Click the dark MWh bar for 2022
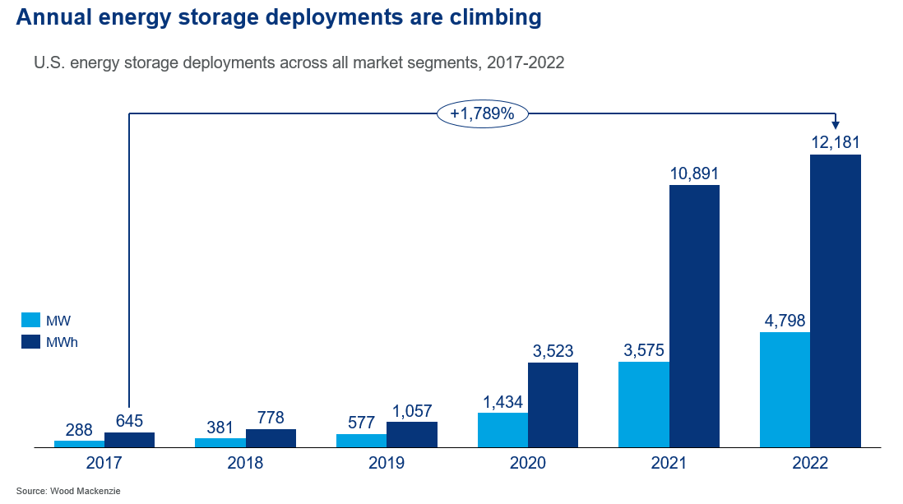(x=835, y=300)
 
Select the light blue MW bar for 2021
(x=643, y=404)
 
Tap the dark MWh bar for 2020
(x=553, y=405)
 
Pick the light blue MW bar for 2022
(x=785, y=390)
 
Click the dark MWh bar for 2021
(x=694, y=316)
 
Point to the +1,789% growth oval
(x=482, y=114)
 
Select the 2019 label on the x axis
(x=387, y=464)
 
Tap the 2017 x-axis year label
(x=104, y=464)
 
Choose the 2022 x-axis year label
(x=810, y=464)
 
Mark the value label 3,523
(x=553, y=351)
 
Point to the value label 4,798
(x=785, y=321)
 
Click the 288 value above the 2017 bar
(x=79, y=429)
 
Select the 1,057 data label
(x=412, y=411)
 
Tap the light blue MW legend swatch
(x=30, y=320)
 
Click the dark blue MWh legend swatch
(x=30, y=341)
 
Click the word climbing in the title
(x=493, y=16)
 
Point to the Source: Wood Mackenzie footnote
(x=58, y=491)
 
